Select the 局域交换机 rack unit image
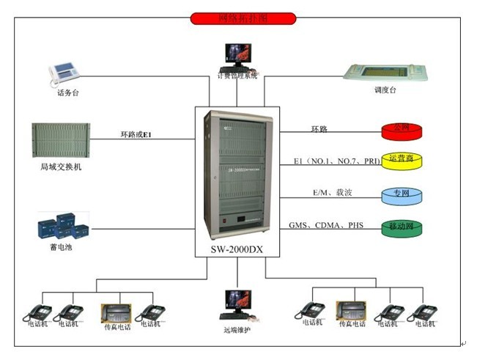pos(62,142)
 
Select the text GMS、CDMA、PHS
pos(325,226)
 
